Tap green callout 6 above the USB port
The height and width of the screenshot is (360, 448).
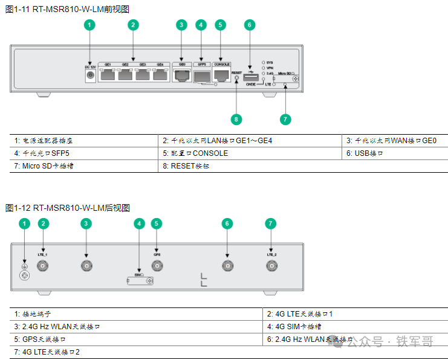pos(248,25)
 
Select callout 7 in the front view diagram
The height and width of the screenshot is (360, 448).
pos(285,118)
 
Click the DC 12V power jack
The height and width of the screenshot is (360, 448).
pos(91,75)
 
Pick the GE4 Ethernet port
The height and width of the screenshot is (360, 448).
pos(161,75)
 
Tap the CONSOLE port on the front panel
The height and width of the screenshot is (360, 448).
pos(222,75)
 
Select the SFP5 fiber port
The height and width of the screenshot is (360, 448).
pos(202,76)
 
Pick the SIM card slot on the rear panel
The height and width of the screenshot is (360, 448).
pos(140,280)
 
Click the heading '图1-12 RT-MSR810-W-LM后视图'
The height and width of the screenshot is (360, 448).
pos(68,208)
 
